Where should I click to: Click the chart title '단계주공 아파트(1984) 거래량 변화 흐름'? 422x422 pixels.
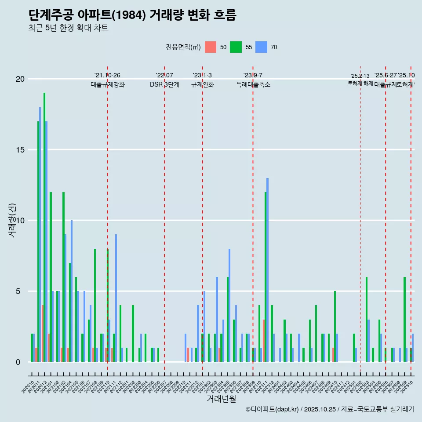pos(132,15)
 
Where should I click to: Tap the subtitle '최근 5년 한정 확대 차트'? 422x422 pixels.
pos(68,28)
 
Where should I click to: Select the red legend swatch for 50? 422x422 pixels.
pos(211,47)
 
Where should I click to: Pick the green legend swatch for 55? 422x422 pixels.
pos(236,47)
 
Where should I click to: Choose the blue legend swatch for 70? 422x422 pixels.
pos(262,47)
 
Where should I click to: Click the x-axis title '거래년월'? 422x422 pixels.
pos(221,399)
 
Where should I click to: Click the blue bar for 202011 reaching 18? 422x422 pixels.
pos(40,233)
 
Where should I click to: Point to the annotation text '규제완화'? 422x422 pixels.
pos(202,85)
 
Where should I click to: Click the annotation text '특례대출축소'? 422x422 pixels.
pos(253,85)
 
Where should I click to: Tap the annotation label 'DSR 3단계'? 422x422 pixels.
pos(164,85)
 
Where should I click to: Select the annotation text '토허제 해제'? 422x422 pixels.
pos(360,84)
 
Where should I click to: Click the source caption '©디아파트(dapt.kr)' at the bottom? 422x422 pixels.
pos(272,409)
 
